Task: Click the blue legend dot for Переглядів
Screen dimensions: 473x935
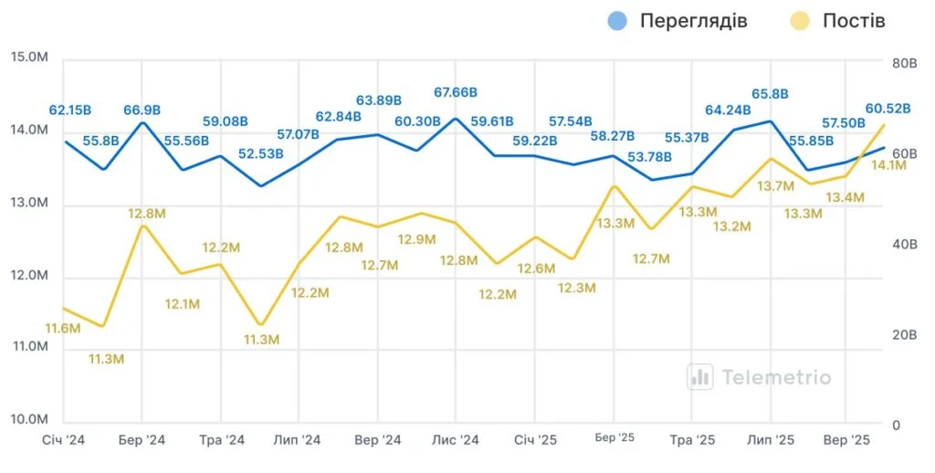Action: (x=617, y=20)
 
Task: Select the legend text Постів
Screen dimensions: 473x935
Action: (x=854, y=20)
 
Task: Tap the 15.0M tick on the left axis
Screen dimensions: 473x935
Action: (x=28, y=58)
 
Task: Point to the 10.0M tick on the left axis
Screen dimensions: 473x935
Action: (x=28, y=420)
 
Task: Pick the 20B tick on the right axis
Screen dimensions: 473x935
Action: (x=903, y=335)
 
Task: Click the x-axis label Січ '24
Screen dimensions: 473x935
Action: (x=63, y=440)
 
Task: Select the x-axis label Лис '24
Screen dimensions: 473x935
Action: (x=455, y=440)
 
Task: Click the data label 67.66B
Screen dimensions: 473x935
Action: (x=456, y=92)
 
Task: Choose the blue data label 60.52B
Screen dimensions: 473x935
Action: (x=888, y=109)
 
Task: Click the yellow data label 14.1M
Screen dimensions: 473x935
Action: (x=886, y=165)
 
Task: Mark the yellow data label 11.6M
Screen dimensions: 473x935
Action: (x=62, y=328)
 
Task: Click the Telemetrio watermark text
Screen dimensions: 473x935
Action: (x=776, y=376)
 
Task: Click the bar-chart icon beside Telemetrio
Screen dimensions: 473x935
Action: (x=700, y=376)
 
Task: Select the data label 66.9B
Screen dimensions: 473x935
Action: (x=142, y=110)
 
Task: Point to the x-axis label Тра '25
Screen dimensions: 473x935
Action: (x=692, y=440)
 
